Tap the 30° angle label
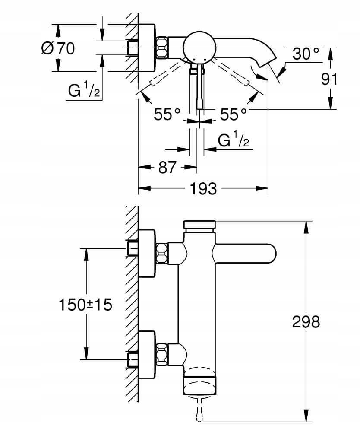[306, 54]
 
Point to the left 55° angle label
[167, 114]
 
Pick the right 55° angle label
[234, 114]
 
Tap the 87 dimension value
[167, 167]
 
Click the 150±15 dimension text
[85, 305]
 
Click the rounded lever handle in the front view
[244, 253]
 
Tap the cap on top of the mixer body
[199, 225]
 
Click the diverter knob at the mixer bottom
[199, 382]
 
